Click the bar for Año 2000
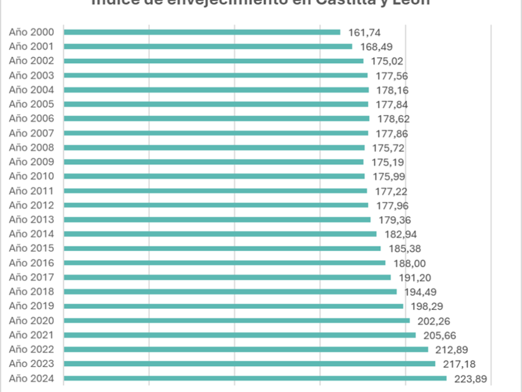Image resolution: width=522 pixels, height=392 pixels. click(202, 32)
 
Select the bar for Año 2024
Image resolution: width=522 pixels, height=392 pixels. click(255, 379)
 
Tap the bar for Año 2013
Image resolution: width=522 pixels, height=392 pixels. click(217, 219)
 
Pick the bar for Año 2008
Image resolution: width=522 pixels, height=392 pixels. click(214, 148)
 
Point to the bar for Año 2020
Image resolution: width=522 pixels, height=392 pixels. click(237, 320)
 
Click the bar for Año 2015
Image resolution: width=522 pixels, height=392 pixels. click(222, 249)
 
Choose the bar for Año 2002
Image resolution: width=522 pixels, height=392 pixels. click(213, 61)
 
